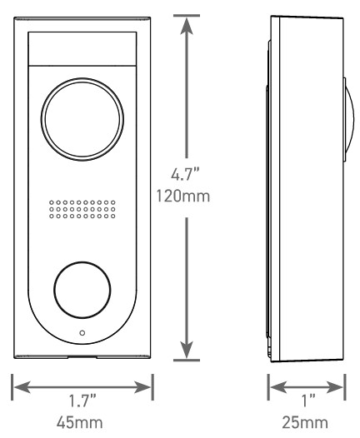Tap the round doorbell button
(82, 290)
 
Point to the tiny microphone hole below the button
(82, 333)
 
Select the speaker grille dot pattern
(82, 209)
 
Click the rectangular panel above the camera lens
(82, 49)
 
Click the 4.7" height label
(186, 175)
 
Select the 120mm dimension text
(182, 196)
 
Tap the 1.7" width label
(82, 401)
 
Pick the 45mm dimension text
(80, 423)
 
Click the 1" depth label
(307, 401)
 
